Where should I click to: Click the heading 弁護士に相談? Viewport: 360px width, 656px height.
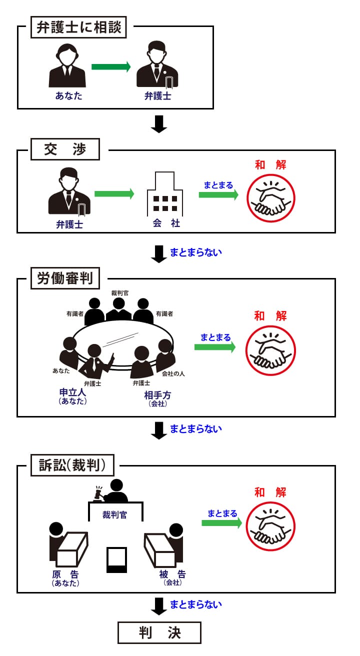(79, 28)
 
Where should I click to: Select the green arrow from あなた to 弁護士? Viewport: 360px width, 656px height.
(110, 66)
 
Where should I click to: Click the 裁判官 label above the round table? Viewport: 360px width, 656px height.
(119, 292)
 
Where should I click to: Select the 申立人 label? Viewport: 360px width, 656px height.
(72, 392)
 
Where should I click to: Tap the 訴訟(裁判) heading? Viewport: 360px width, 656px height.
(72, 465)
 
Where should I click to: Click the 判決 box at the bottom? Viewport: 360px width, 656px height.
(159, 632)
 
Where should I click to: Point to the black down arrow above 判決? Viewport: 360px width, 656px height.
(158, 605)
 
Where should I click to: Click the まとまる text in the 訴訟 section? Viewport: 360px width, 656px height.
(222, 513)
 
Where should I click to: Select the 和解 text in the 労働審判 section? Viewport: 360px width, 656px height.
(270, 315)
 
